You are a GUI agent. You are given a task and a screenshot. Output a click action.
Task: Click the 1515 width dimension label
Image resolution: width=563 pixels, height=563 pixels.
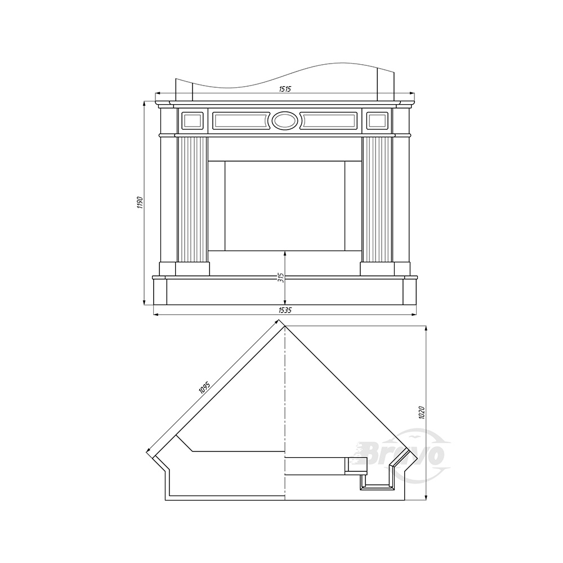[285, 90]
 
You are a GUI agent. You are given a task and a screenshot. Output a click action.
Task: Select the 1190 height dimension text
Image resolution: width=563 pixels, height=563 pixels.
[140, 203]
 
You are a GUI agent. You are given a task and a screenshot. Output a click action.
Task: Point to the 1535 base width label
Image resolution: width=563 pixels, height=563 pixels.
[285, 311]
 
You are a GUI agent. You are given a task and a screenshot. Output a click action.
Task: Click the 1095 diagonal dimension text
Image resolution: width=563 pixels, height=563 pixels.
[204, 388]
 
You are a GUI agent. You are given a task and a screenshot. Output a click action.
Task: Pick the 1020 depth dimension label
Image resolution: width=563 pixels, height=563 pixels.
[422, 413]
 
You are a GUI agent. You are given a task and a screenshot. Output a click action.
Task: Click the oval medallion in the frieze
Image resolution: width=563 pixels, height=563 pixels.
[285, 120]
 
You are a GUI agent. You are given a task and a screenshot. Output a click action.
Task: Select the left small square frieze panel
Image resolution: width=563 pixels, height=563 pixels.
[193, 120]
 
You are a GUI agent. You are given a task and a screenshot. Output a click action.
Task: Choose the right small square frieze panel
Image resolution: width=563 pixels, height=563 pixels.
[377, 120]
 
